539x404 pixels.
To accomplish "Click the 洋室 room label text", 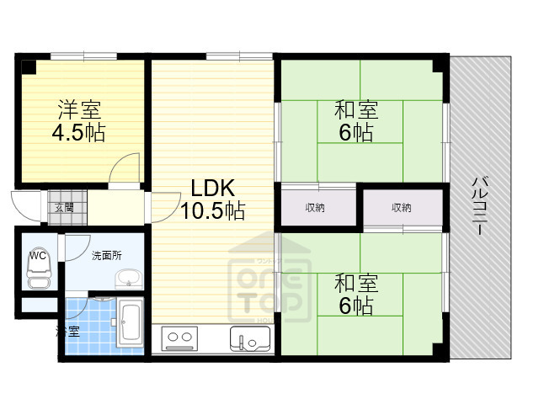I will click(x=80, y=109).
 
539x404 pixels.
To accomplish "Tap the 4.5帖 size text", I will click(x=80, y=133).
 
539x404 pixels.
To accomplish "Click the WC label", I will click(x=37, y=254).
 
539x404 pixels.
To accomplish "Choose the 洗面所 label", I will click(x=107, y=255).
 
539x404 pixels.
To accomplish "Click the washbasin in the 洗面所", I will click(x=129, y=278).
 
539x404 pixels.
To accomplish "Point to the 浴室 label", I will click(x=68, y=331).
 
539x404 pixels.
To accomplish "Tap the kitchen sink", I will click(x=249, y=339).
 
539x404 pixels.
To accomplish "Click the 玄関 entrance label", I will click(x=64, y=207).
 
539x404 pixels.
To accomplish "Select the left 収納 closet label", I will click(x=316, y=207).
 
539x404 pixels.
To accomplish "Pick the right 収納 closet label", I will click(x=401, y=207).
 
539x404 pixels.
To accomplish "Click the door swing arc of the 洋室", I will click(x=126, y=168).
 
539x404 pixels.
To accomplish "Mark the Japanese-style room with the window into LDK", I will click(x=360, y=122).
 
